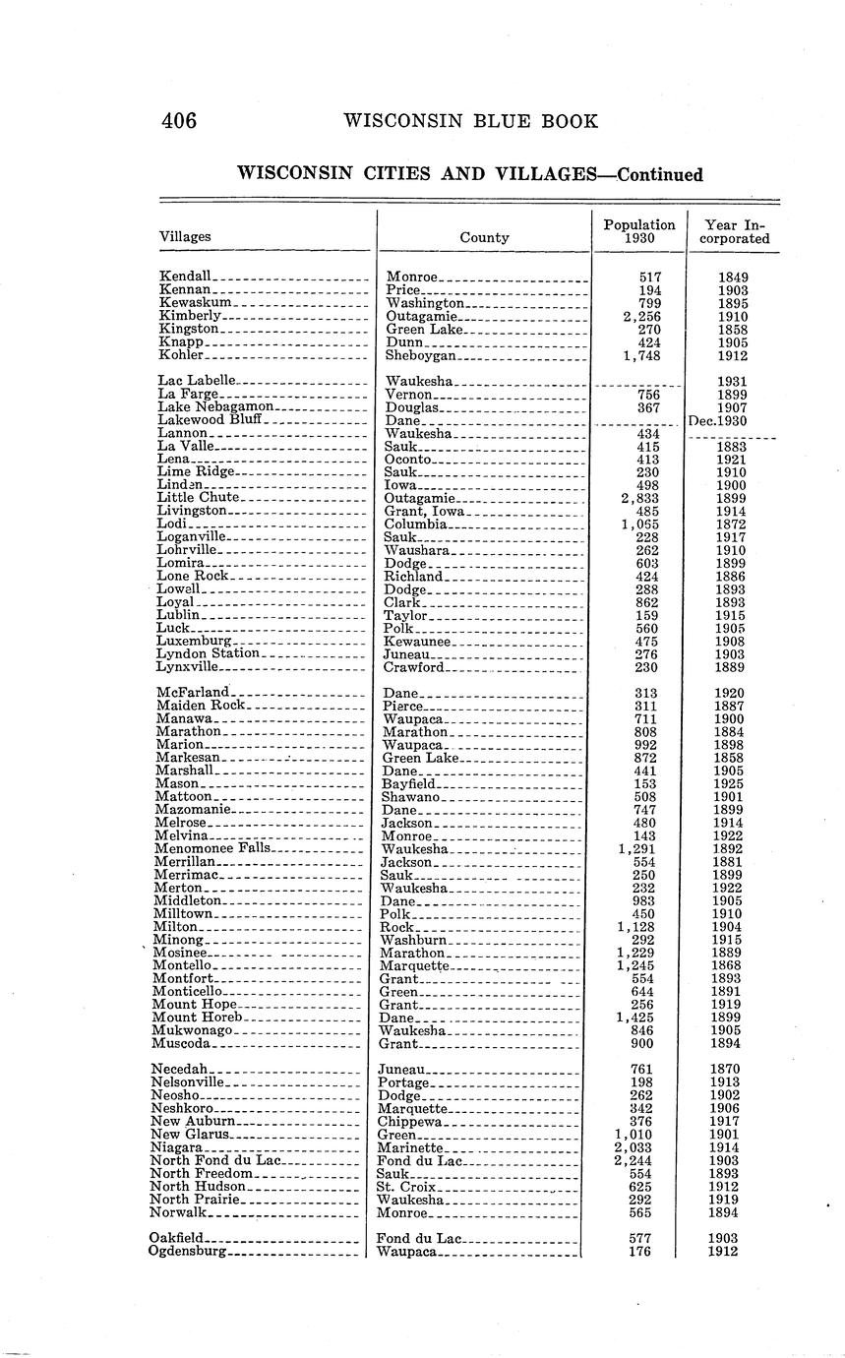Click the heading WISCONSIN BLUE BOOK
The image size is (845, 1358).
coord(470,121)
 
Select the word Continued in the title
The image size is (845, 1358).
coord(658,175)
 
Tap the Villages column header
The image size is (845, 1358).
coord(185,236)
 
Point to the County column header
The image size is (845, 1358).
coord(484,237)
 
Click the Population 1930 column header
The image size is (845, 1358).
coord(639,231)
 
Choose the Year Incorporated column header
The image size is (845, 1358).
coord(735,231)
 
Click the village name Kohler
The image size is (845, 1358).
coord(180,355)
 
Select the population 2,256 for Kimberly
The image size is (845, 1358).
coord(640,316)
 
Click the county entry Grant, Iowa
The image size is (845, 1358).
coord(425,511)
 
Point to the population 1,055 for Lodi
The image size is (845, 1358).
coord(640,525)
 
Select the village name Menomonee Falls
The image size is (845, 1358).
coord(211,848)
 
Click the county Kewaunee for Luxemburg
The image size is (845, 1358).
coord(417,642)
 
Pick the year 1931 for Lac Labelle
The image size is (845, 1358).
coord(732,382)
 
